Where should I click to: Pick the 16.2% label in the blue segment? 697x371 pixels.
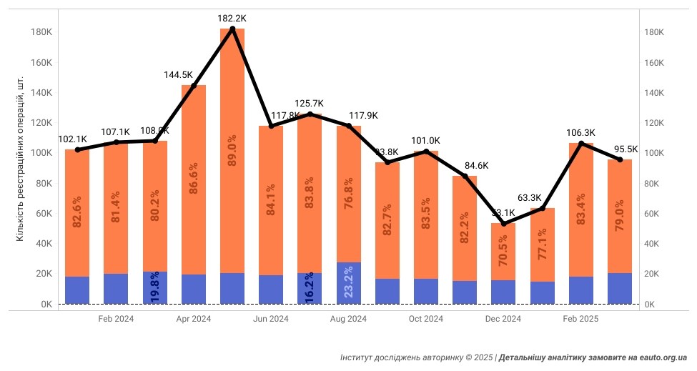click(310, 288)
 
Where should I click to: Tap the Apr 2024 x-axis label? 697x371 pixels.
click(193, 319)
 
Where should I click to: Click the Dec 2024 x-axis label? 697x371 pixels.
click(503, 319)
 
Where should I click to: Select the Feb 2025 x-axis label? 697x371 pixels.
click(580, 319)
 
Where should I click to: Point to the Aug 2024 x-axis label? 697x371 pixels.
click(348, 319)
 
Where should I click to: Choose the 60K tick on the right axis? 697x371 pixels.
click(655, 214)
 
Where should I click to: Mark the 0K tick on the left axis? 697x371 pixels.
click(44, 305)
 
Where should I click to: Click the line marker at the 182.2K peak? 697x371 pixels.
click(232, 29)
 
